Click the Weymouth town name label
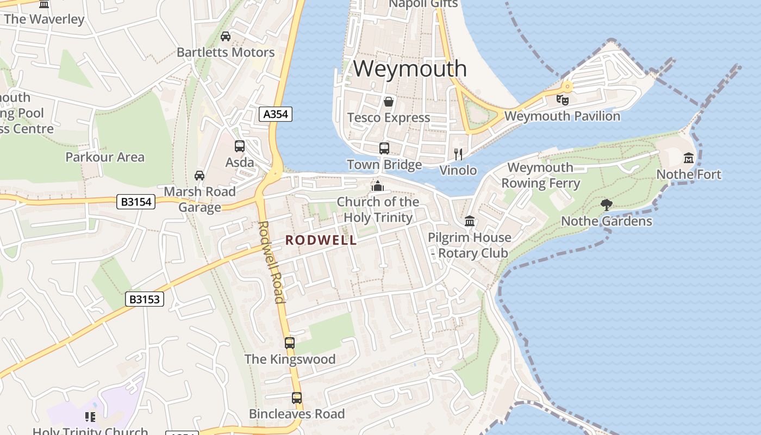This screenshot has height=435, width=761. (x=410, y=69)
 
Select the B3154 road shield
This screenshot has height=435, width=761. (x=136, y=202)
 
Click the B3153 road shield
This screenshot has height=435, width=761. (x=145, y=299)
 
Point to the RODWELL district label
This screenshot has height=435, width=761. (x=321, y=240)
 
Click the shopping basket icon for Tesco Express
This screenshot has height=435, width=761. (x=389, y=102)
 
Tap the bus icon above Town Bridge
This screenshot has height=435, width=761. (x=384, y=148)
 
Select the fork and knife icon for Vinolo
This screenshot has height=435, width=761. (x=458, y=154)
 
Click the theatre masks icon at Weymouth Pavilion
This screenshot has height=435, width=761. (x=562, y=100)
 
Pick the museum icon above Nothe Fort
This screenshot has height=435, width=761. (x=689, y=158)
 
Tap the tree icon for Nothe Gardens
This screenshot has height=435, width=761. (x=606, y=205)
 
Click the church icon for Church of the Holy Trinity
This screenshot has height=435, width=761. (x=377, y=186)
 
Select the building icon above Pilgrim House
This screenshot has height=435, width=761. (x=470, y=221)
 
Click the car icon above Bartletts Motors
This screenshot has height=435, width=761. (x=226, y=36)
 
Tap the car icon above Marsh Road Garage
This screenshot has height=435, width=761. (x=199, y=176)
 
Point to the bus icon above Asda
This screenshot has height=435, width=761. (x=240, y=146)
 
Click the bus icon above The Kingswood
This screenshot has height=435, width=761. (x=290, y=343)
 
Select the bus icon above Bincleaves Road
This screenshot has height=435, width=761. (x=296, y=398)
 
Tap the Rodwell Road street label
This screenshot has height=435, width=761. (x=271, y=262)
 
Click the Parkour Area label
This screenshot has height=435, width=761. (x=105, y=157)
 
